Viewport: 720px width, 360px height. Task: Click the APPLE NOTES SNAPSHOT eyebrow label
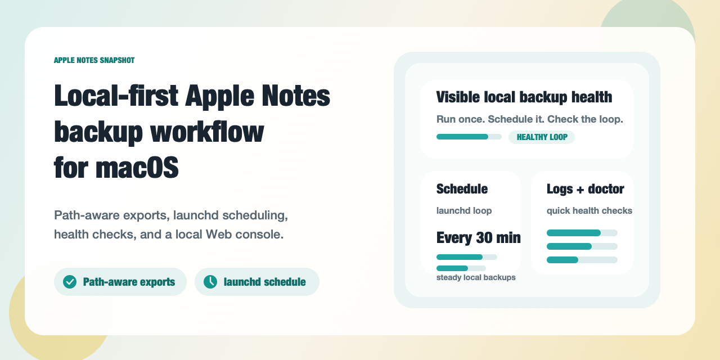(94, 60)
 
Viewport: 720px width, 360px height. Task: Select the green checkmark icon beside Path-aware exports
(70, 282)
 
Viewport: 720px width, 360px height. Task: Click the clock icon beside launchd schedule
(210, 282)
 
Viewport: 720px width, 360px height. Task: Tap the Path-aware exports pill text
(129, 282)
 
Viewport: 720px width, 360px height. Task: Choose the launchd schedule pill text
(264, 282)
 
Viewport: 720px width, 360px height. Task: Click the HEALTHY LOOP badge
(541, 137)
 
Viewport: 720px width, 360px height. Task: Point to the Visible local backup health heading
(524, 97)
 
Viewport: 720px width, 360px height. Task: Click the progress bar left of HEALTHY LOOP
(469, 137)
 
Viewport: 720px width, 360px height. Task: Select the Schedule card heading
(462, 189)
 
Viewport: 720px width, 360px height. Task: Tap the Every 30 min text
(478, 238)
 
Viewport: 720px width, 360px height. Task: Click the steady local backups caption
(476, 277)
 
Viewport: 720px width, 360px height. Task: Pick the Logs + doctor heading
(585, 189)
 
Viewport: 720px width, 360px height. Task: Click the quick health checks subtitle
(589, 211)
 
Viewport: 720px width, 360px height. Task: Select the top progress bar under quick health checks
(582, 233)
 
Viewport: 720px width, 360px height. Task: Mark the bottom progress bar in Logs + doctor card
(582, 260)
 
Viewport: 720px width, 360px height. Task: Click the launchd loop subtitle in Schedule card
(464, 211)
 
